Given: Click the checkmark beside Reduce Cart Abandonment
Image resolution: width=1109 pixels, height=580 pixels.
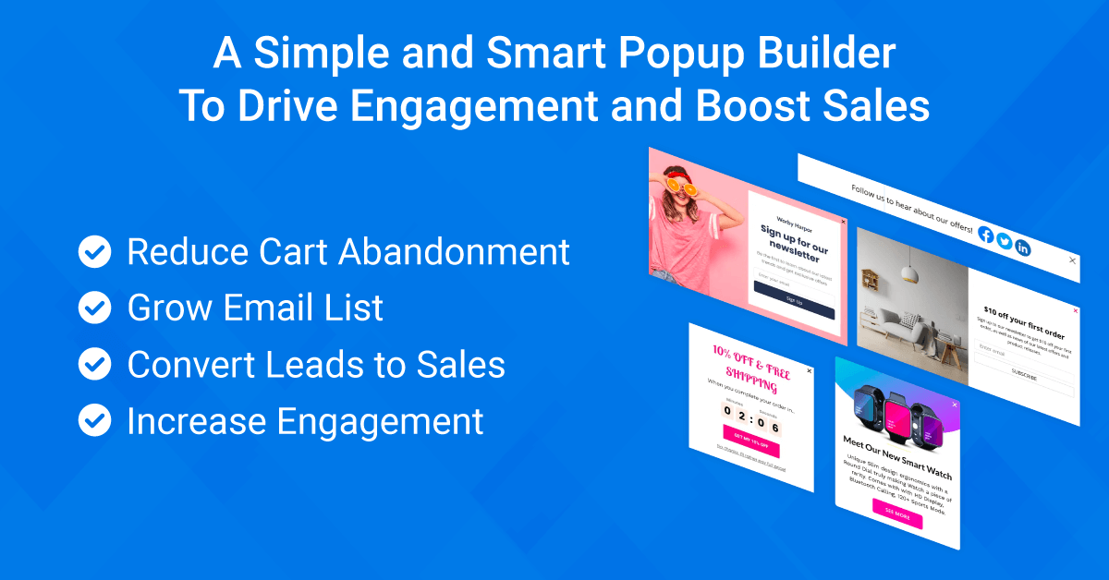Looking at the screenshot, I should click(x=94, y=250).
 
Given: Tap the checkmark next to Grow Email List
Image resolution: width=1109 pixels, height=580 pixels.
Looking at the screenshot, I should click(x=94, y=308).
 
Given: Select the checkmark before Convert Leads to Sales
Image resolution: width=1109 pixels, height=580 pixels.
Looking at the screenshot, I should click(x=94, y=364).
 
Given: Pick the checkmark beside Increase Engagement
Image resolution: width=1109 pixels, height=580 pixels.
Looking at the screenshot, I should click(x=94, y=420).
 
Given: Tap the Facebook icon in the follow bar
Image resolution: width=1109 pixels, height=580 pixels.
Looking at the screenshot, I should click(x=985, y=236).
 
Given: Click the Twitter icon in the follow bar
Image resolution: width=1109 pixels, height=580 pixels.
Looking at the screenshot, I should click(x=1004, y=241).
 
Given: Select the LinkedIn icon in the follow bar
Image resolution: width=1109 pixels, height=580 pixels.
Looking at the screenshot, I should click(x=1022, y=247).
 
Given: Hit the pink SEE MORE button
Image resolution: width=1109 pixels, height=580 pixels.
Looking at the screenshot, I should click(x=896, y=514).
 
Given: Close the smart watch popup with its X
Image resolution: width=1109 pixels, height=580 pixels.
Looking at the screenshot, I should click(x=955, y=405).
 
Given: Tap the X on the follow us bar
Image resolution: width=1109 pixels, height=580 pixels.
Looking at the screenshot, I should click(x=1072, y=260).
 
